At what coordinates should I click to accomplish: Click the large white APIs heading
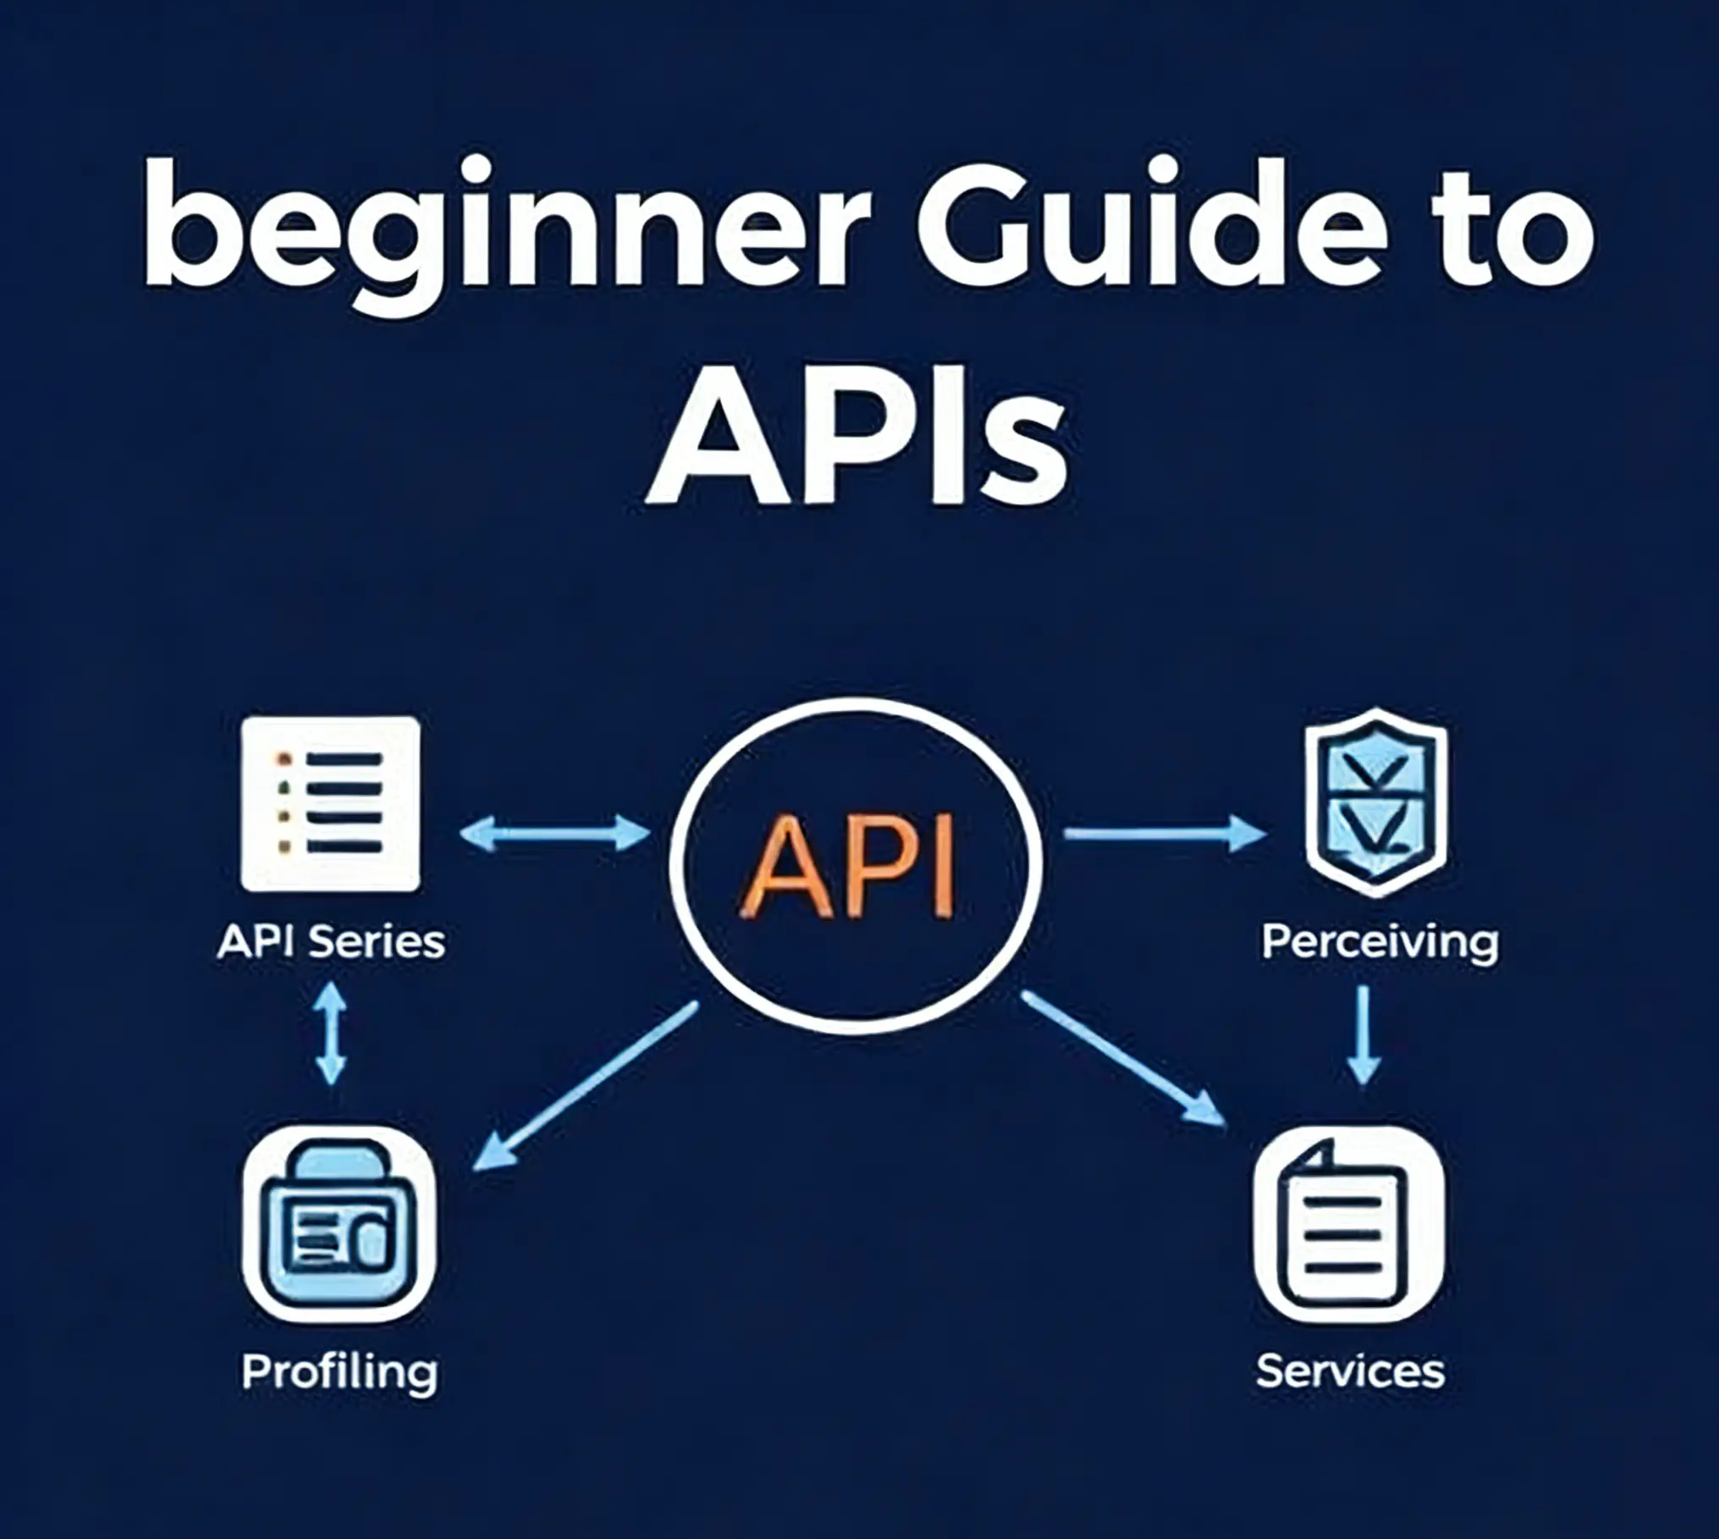click(857, 437)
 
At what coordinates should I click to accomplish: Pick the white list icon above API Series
click(331, 803)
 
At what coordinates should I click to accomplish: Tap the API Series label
click(331, 941)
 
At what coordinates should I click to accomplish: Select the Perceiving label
click(1380, 943)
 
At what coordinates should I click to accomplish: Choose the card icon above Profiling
click(339, 1224)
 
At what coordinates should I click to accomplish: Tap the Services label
click(1350, 1371)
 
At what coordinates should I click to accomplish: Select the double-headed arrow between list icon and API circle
click(555, 834)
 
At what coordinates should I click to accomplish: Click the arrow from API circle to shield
click(1165, 834)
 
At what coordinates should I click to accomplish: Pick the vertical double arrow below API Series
click(331, 1033)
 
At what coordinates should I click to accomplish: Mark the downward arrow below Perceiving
click(1364, 1034)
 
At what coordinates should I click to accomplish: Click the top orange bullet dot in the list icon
click(284, 758)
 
